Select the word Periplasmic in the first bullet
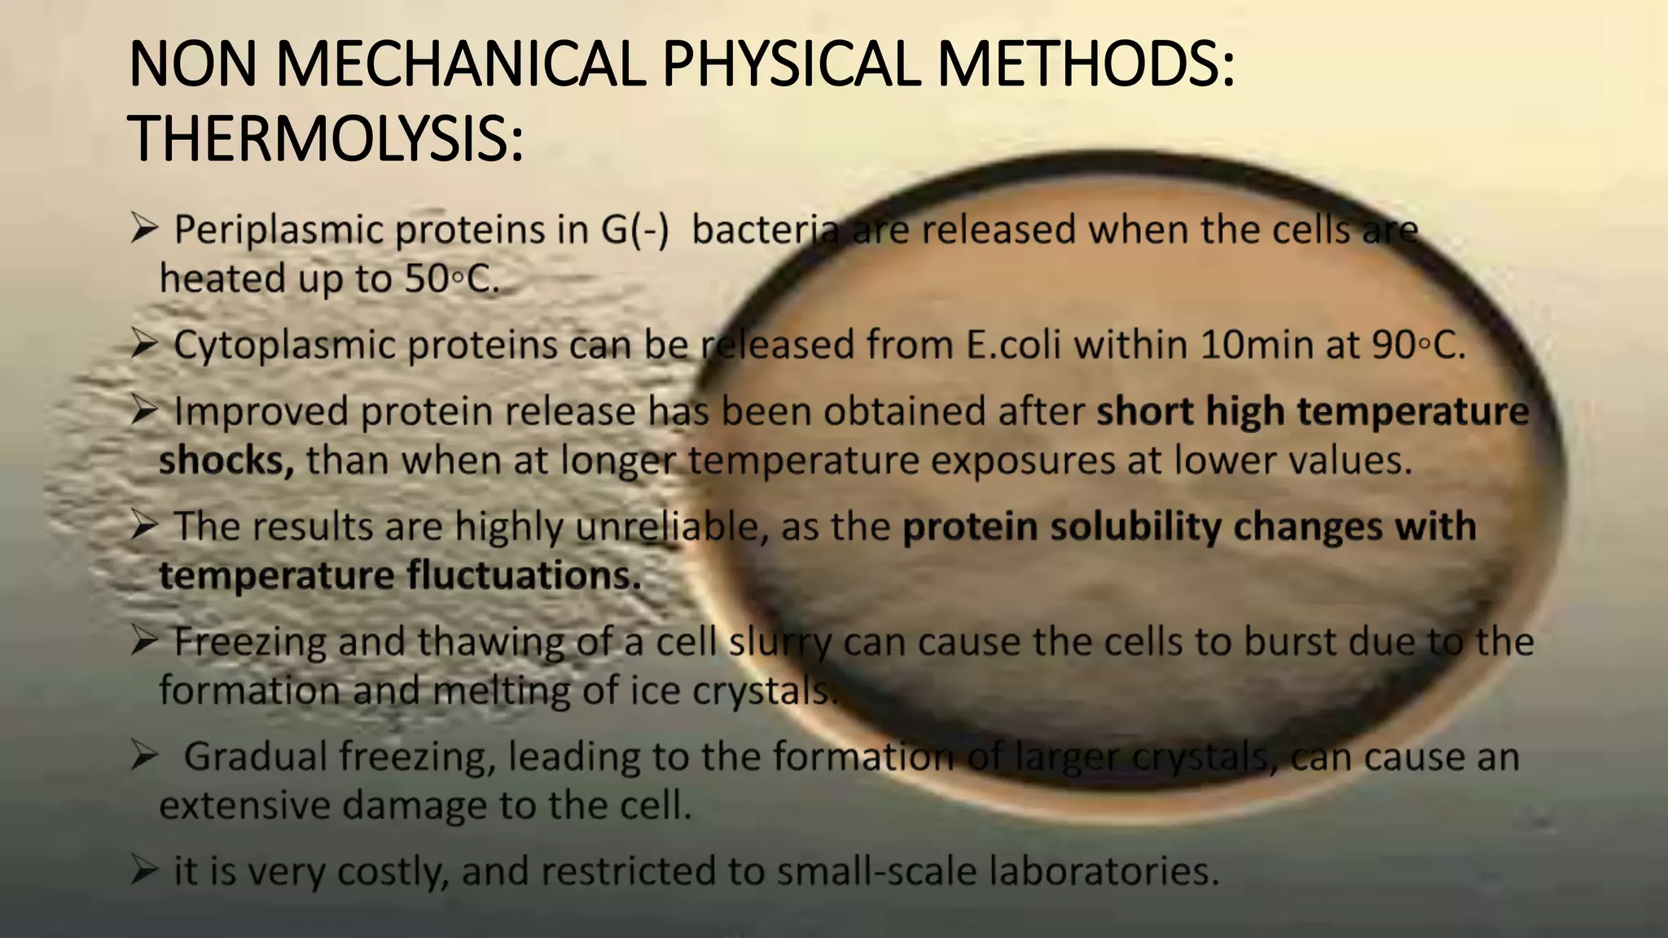pos(279,230)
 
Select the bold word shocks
pos(226,461)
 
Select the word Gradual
pos(256,756)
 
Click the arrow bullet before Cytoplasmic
pos(143,345)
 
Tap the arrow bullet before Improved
pos(143,411)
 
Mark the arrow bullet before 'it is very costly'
pos(143,872)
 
